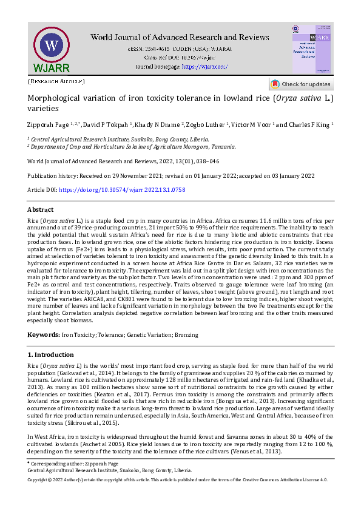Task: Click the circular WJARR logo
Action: pos(52,46)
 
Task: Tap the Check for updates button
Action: pos(301,84)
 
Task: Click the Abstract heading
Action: pos(41,209)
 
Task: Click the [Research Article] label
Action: pos(56,81)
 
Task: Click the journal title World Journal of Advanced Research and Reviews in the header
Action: pos(180,38)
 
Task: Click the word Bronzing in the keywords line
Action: pos(187,335)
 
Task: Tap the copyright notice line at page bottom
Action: pos(180,479)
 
